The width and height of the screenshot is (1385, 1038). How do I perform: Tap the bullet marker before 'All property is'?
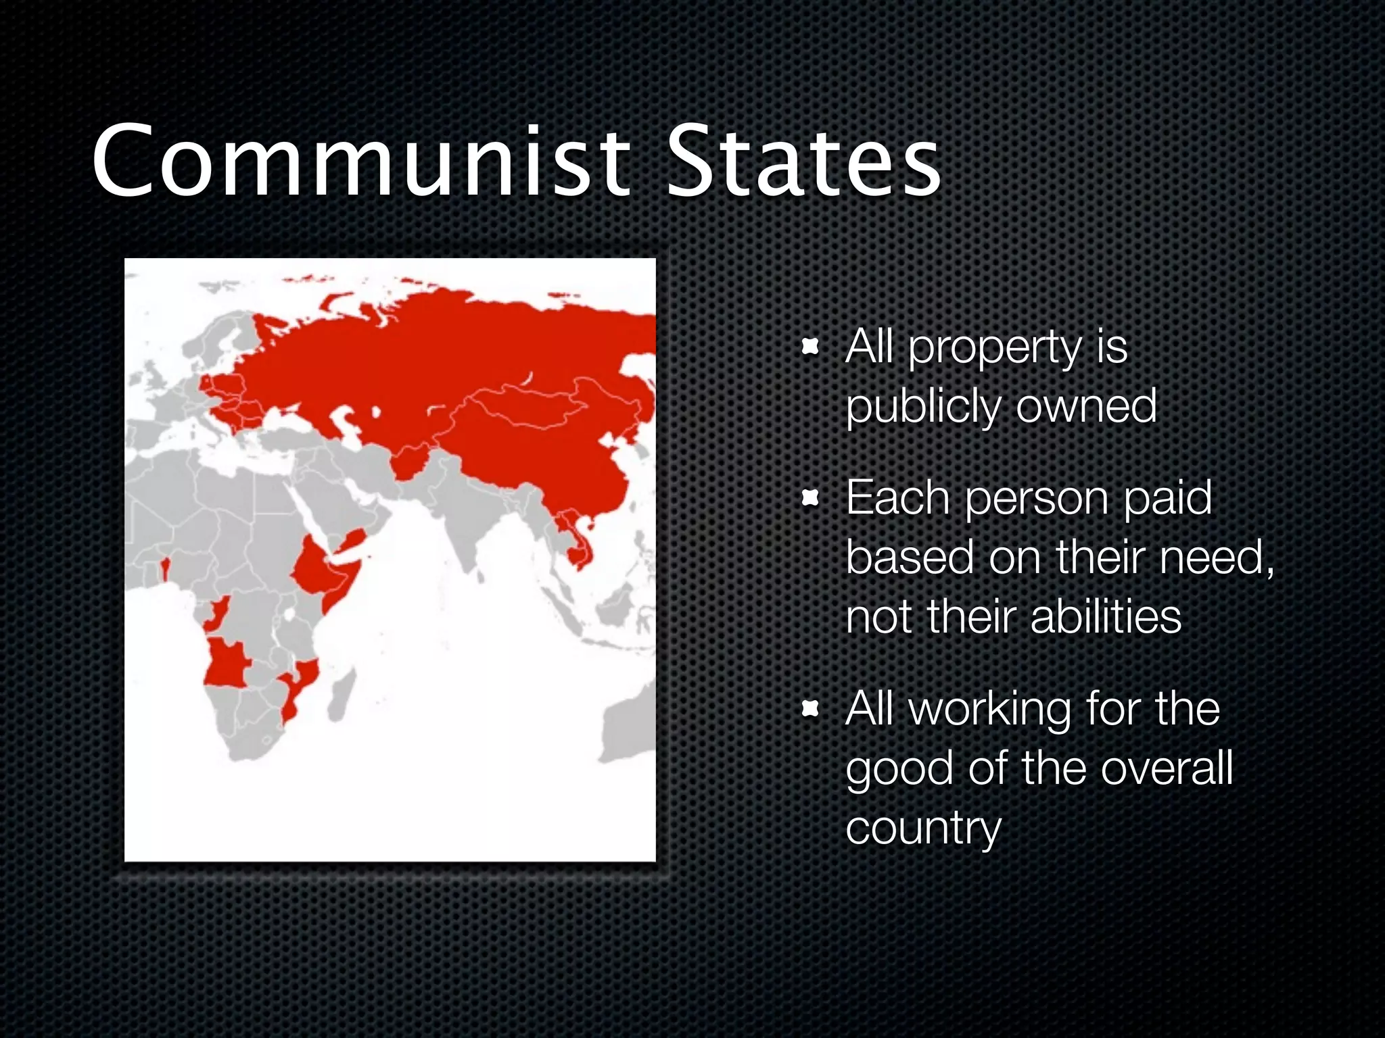(809, 349)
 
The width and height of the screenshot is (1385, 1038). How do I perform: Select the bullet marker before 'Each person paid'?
(809, 499)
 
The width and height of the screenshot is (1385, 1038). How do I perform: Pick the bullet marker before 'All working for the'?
(809, 709)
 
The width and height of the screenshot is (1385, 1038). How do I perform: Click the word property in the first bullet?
(995, 349)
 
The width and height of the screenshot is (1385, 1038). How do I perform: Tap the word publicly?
(924, 407)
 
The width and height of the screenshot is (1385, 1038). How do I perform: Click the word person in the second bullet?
(1037, 499)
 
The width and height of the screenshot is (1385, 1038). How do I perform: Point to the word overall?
(1167, 768)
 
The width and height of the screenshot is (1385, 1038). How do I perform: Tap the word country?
(923, 829)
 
